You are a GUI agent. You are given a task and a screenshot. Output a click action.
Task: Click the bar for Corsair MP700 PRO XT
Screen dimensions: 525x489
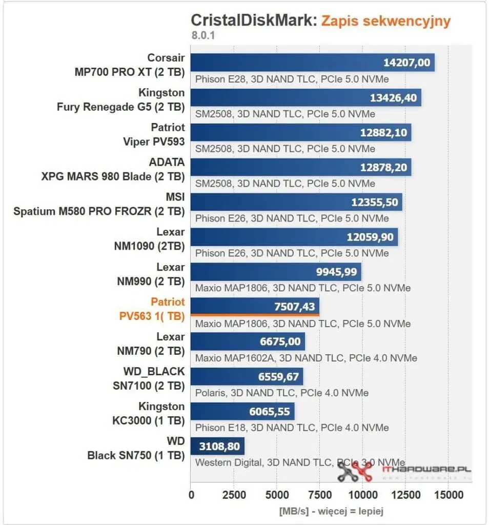click(x=312, y=63)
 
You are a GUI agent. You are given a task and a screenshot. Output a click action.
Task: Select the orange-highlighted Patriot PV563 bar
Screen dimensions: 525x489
click(x=255, y=306)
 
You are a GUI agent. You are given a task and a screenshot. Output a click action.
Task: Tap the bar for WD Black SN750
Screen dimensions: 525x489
click(x=217, y=446)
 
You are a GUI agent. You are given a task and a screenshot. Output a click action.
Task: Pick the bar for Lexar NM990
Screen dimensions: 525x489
click(x=276, y=272)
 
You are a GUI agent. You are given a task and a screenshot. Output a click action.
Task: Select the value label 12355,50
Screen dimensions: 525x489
click(x=374, y=202)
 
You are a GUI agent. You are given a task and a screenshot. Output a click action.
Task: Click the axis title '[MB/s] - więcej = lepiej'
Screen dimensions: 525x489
click(x=331, y=511)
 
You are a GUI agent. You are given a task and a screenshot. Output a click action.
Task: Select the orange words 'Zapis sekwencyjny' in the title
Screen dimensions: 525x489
click(x=385, y=21)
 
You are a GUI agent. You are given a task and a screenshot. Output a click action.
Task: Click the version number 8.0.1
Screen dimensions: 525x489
click(x=203, y=36)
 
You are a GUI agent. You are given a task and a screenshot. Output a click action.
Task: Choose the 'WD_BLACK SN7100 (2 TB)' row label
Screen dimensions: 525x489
click(x=149, y=378)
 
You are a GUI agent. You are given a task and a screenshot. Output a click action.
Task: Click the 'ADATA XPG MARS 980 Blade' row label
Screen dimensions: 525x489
click(x=113, y=169)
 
